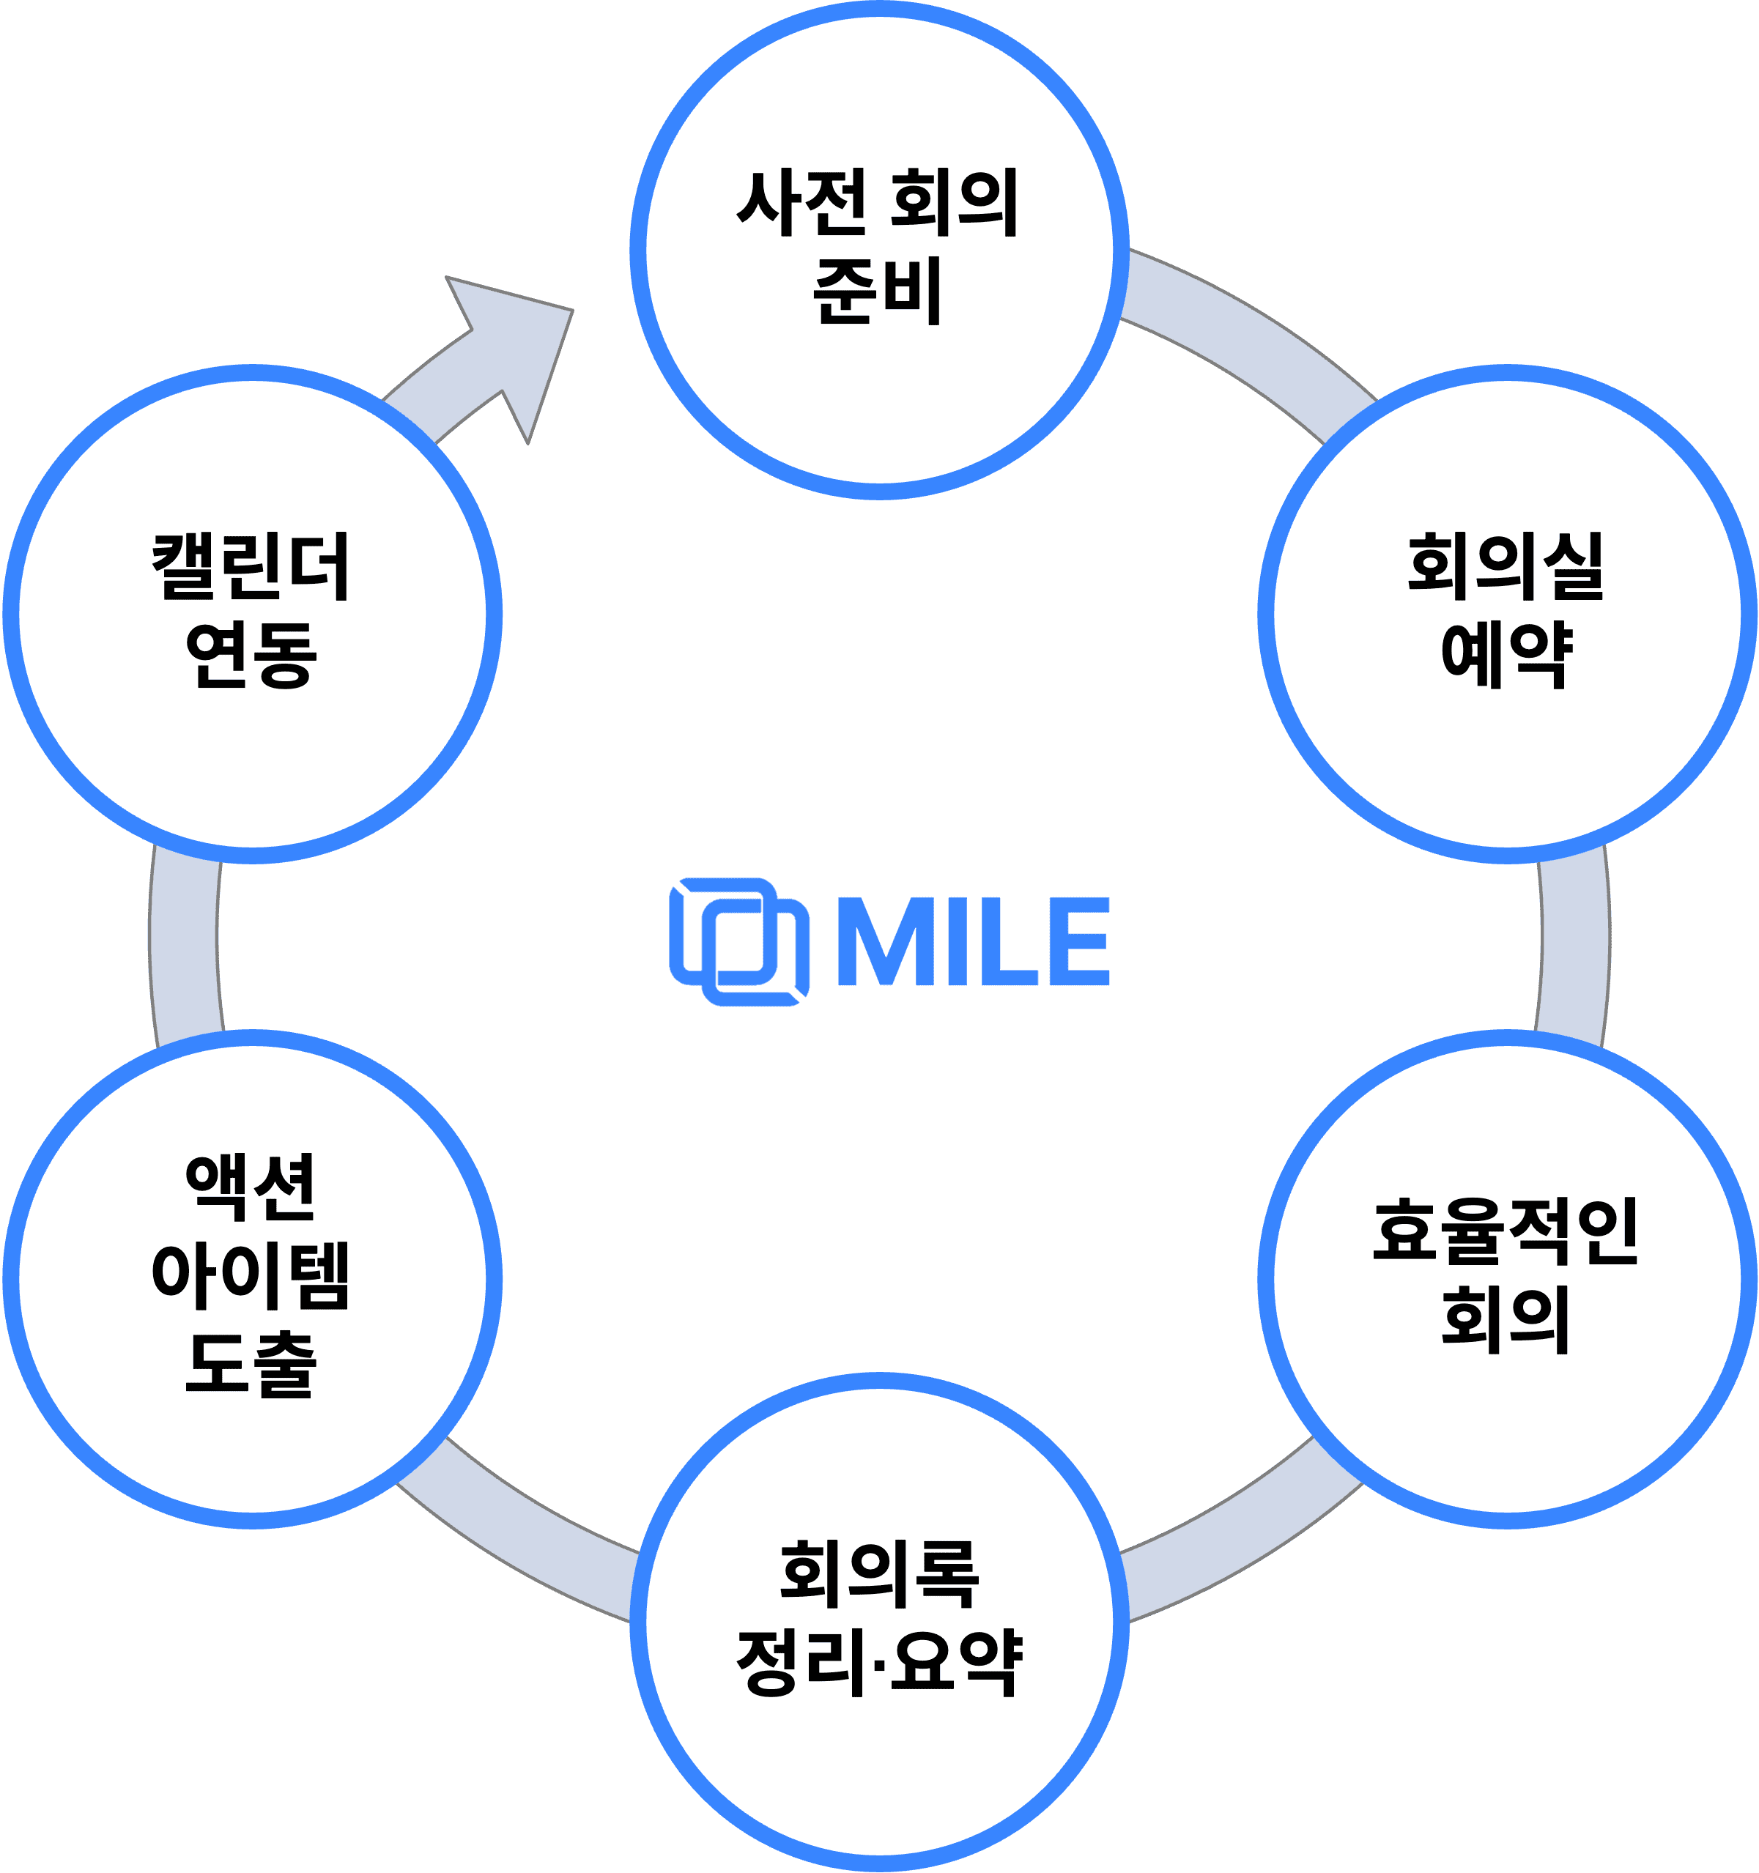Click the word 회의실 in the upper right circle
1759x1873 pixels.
1506,566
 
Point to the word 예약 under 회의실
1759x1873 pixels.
1506,655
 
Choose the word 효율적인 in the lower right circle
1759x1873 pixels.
1506,1231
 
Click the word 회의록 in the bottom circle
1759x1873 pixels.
879,1574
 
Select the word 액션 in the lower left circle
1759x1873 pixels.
251,1187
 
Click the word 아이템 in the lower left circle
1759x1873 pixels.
251,1276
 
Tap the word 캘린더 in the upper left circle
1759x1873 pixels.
251,566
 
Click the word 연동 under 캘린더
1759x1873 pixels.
251,655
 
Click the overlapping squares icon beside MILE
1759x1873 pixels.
738,942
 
